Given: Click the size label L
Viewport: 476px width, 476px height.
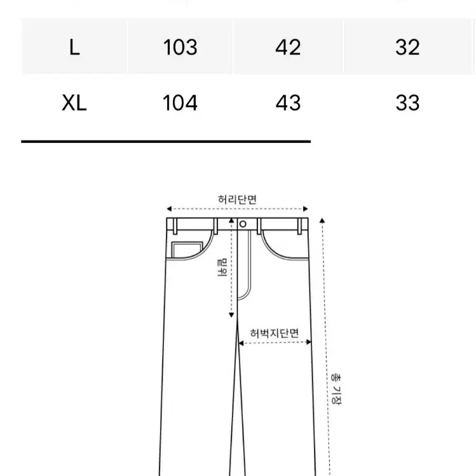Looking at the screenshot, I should (74, 48).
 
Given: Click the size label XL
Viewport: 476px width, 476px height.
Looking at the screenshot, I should (74, 104).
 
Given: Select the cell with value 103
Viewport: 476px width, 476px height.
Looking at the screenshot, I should (180, 48).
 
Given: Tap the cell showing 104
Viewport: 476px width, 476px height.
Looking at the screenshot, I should (180, 104).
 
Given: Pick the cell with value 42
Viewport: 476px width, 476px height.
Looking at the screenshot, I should (288, 48).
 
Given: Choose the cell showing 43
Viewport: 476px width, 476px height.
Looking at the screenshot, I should (288, 104).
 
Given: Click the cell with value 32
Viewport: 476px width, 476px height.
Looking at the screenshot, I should (407, 48).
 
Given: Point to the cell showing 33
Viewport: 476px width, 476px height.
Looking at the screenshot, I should (407, 104).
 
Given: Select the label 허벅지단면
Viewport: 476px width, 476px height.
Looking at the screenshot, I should (275, 332).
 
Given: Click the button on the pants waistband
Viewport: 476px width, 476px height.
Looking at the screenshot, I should (243, 224).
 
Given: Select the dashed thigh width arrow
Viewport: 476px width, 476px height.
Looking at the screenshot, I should (275, 343).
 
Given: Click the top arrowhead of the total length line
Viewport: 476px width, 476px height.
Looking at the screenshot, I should (323, 221).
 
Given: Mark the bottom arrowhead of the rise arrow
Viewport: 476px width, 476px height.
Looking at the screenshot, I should (232, 316).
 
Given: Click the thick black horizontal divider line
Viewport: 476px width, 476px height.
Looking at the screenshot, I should (165, 140).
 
